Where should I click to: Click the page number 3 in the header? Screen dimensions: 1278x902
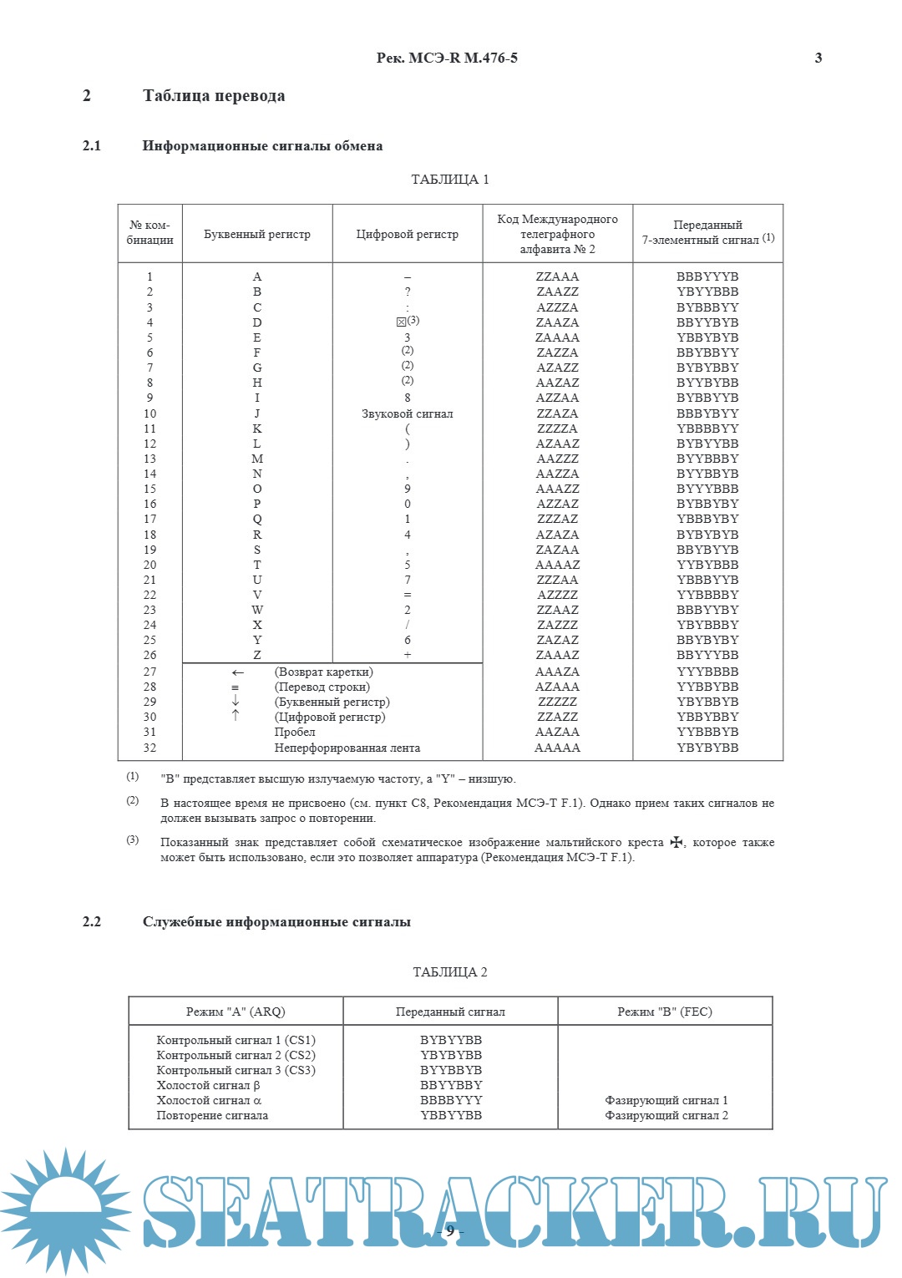click(x=818, y=58)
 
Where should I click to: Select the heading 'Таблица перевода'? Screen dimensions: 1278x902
click(x=214, y=96)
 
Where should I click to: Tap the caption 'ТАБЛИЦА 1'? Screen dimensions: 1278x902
click(x=450, y=180)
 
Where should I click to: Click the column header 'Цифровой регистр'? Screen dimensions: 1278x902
click(x=408, y=235)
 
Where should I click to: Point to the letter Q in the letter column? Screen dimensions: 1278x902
click(x=257, y=520)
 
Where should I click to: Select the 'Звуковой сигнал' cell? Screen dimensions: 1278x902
click(x=408, y=414)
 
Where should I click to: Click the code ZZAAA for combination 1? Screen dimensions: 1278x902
click(x=557, y=276)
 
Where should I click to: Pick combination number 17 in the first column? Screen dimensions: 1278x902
click(x=150, y=520)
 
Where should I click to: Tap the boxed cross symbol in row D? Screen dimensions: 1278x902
click(x=401, y=322)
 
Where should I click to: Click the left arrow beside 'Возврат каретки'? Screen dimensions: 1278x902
click(x=238, y=672)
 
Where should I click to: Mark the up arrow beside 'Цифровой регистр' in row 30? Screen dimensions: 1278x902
click(x=236, y=717)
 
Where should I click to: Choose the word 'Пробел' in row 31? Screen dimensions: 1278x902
click(x=295, y=733)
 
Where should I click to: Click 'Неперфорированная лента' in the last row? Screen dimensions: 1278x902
click(x=347, y=748)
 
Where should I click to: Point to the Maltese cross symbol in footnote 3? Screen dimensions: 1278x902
click(x=676, y=843)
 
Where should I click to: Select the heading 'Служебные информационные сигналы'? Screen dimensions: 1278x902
click(x=276, y=922)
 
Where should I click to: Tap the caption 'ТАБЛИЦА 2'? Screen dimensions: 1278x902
click(x=450, y=972)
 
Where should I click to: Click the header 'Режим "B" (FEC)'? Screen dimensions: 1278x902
click(x=665, y=1012)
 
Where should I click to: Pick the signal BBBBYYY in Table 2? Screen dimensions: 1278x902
click(x=451, y=1101)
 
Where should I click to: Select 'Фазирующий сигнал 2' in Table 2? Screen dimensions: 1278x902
click(x=666, y=1116)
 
